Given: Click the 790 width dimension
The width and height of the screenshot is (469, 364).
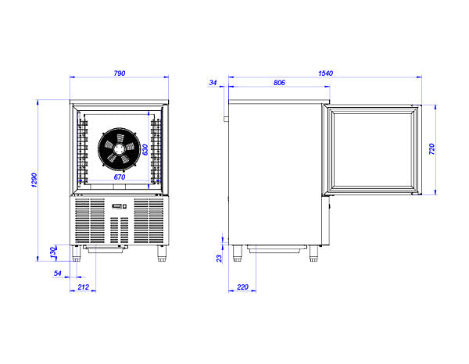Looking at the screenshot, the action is pos(120,73).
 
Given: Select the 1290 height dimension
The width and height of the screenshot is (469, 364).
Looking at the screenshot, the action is pos(34,180).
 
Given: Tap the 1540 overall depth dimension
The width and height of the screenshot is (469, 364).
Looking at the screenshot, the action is pos(325,73).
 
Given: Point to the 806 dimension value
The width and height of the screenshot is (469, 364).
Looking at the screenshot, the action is pos(279,83).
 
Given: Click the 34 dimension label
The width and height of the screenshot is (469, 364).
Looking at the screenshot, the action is pos(213,83).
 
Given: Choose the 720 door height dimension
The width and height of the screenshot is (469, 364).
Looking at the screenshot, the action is pos(432,149).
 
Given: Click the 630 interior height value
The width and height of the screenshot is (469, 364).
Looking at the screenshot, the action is pos(145,150).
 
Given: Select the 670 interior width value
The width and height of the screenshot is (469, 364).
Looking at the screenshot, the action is pos(120,177).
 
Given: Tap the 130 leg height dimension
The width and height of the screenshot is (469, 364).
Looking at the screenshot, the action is pos(53,253).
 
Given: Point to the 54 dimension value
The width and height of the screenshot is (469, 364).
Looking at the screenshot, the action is pos(57,273).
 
